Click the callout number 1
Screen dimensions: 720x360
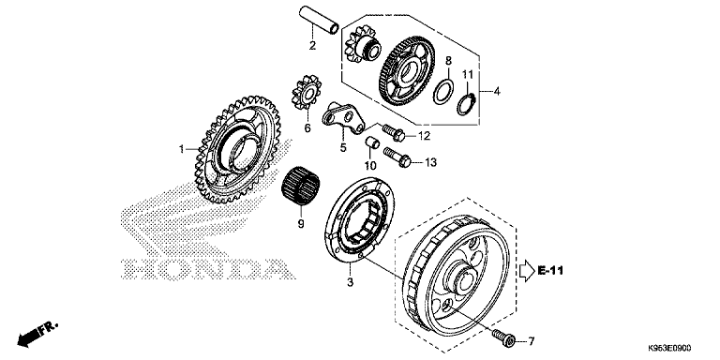click(181, 149)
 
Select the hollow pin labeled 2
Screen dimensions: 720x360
click(319, 20)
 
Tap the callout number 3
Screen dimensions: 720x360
click(351, 282)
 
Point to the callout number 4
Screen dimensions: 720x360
click(497, 91)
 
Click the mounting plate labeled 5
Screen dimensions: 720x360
click(343, 117)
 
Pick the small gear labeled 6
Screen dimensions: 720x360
click(307, 93)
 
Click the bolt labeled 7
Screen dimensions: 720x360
click(503, 337)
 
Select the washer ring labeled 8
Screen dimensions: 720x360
click(443, 92)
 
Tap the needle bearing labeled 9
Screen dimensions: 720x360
click(300, 185)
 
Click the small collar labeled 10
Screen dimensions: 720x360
click(372, 142)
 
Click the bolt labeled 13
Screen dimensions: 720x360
click(397, 157)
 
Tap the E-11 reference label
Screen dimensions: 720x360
click(550, 271)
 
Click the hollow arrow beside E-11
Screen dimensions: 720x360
click(527, 271)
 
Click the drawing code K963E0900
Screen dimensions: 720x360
click(669, 349)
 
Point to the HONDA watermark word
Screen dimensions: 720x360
click(208, 270)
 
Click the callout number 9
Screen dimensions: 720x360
click(301, 224)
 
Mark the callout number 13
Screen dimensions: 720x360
click(430, 162)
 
